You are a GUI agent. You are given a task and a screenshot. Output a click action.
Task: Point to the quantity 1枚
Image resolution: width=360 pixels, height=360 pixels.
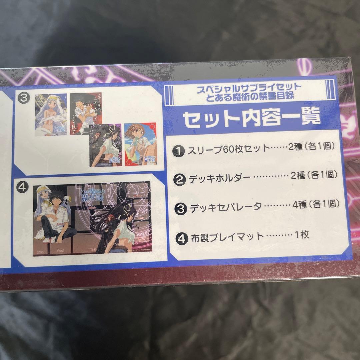(302, 234)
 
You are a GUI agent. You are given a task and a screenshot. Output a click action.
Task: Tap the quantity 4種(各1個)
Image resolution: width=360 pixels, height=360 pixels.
(316, 204)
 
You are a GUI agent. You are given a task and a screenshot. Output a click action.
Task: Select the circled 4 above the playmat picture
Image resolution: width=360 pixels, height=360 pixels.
(25, 187)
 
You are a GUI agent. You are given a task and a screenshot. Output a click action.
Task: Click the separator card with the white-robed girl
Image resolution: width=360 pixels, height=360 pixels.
(51, 115)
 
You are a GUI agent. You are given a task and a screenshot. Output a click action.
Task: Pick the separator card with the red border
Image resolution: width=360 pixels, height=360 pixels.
(140, 144)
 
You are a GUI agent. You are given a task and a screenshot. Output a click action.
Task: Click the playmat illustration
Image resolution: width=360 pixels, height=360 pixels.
(91, 218)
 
